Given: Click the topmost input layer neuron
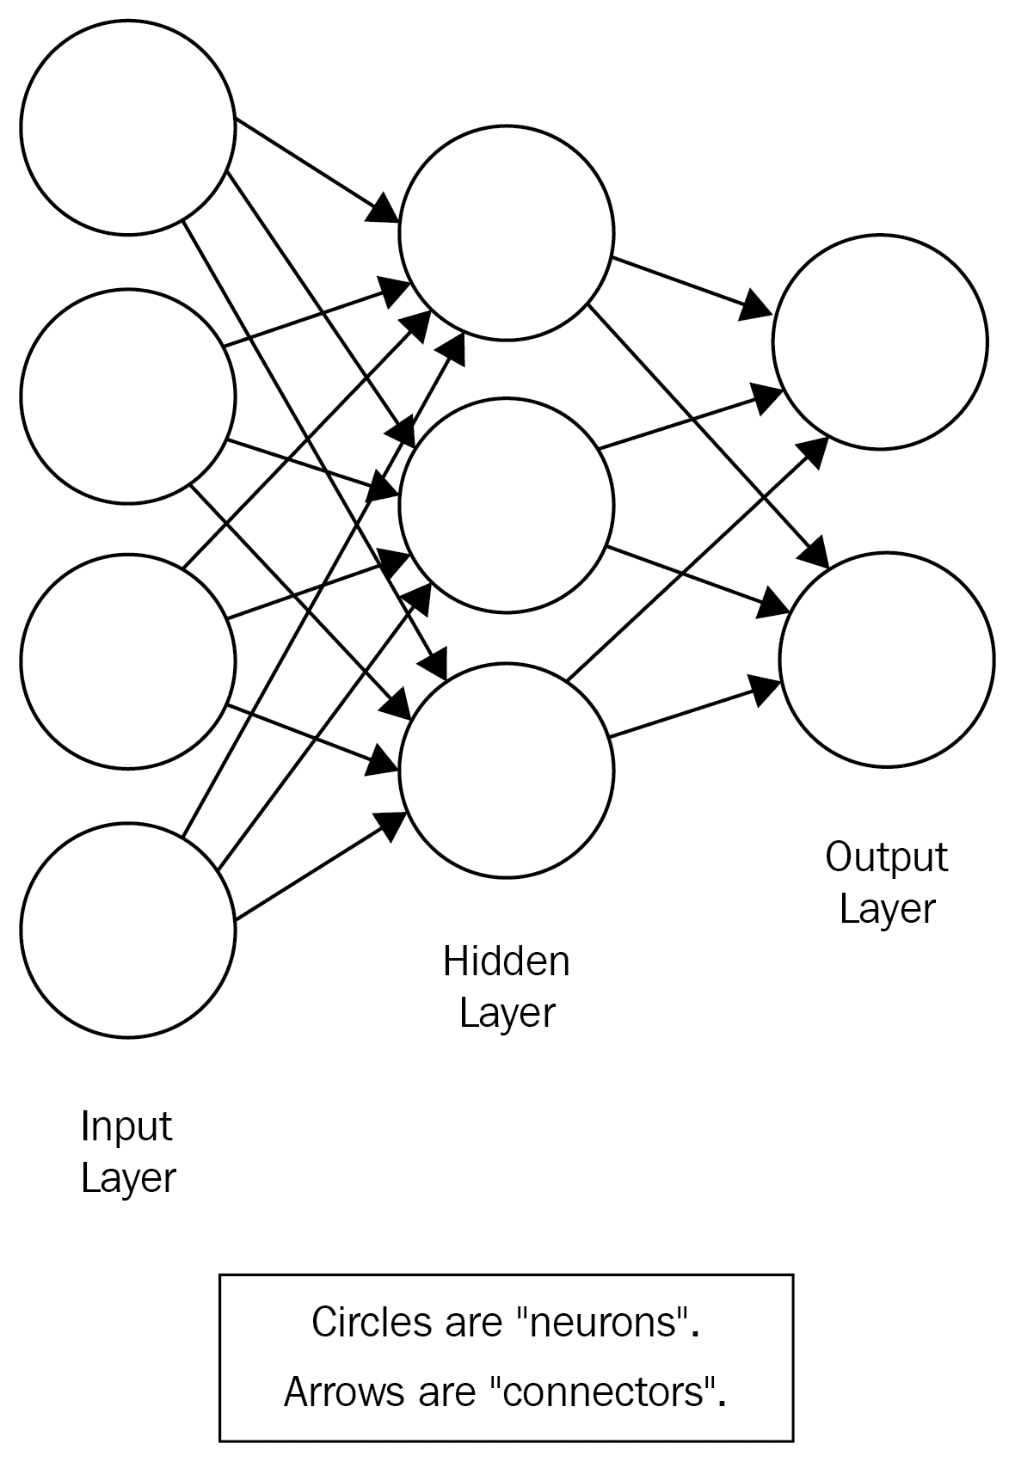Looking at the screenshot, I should pos(128,127).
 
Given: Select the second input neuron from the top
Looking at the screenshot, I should pos(128,396).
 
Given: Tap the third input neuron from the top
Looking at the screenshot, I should pos(128,660).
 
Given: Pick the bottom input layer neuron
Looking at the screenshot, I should pos(128,930).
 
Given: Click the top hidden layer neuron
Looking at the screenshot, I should pos(507,232).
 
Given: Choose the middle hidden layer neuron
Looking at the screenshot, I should pos(507,505).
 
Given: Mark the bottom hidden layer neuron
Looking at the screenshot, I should pos(507,770).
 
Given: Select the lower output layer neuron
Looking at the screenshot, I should pos(887,659).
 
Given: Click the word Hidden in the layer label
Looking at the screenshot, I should pos(506,961).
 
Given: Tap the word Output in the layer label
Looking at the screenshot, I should pos(886,857).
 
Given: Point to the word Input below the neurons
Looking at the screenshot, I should pos(126,1127).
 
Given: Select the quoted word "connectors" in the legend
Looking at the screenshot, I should pos(607,1391).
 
